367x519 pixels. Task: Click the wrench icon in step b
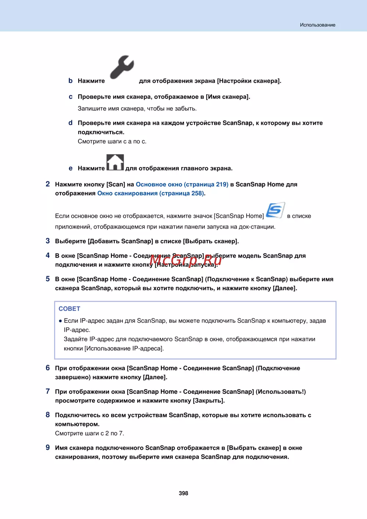pyautogui.click(x=122, y=67)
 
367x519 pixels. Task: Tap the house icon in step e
pyautogui.click(x=115, y=162)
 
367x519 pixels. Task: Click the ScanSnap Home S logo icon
pyautogui.click(x=275, y=210)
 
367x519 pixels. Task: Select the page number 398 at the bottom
pyautogui.click(x=183, y=493)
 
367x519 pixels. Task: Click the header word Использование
pyautogui.click(x=317, y=25)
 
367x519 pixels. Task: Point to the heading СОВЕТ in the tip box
pyautogui.click(x=69, y=309)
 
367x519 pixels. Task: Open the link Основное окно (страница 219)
pyautogui.click(x=182, y=184)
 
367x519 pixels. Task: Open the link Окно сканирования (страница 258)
pyautogui.click(x=151, y=193)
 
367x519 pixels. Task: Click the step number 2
pyautogui.click(x=48, y=184)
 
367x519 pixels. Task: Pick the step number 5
pyautogui.click(x=48, y=279)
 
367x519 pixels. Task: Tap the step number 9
pyautogui.click(x=48, y=447)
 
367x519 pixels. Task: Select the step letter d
pyautogui.click(x=70, y=123)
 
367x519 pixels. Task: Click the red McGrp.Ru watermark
pyautogui.click(x=185, y=260)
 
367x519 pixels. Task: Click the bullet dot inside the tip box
pyautogui.click(x=60, y=321)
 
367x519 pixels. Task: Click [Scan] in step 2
pyautogui.click(x=116, y=184)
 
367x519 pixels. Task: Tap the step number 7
pyautogui.click(x=48, y=391)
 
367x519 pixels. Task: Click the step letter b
pyautogui.click(x=70, y=80)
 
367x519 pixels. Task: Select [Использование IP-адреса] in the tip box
pyautogui.click(x=124, y=348)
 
